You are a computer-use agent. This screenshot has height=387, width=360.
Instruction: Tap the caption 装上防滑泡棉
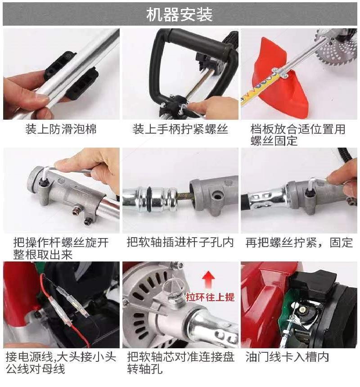coord(61,130)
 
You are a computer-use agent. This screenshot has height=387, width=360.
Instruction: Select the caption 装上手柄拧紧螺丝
coord(180,130)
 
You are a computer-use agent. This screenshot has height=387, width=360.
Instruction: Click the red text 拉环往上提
coord(210,297)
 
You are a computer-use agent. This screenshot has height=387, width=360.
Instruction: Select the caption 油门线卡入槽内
coord(287,357)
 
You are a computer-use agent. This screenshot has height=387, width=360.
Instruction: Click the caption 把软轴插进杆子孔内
coord(180,243)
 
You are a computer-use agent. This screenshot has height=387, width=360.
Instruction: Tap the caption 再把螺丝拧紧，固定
coord(299,243)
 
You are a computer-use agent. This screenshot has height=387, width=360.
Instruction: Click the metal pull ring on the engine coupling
coord(173,285)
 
